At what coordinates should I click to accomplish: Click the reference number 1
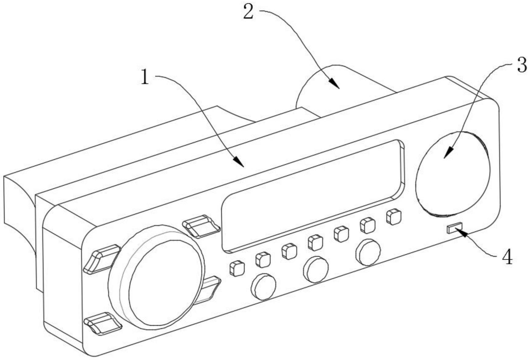(x=146, y=77)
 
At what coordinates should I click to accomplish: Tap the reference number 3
(x=522, y=65)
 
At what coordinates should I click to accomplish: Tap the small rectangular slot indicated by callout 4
(x=455, y=228)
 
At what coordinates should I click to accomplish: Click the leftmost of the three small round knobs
(x=263, y=286)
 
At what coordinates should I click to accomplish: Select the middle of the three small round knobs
(x=316, y=269)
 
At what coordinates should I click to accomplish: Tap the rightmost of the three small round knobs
(x=368, y=252)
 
